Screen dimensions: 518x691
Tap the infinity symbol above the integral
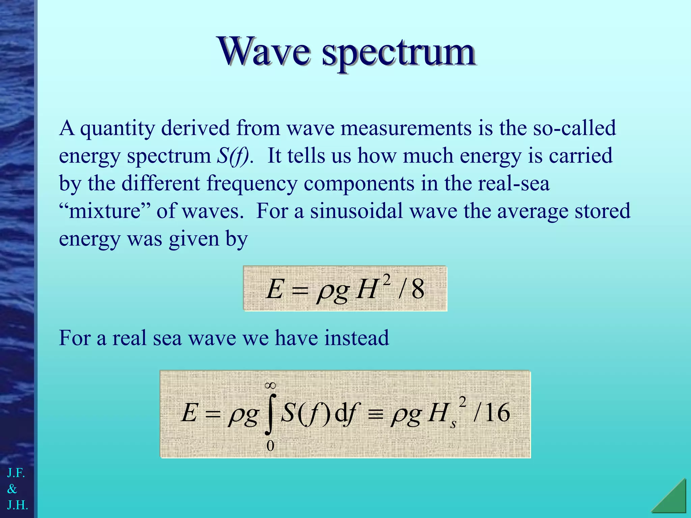tap(270, 385)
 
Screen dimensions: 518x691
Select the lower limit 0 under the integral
tap(270, 446)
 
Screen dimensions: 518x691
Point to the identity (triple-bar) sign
tap(376, 414)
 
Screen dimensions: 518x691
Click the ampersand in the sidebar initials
tap(12, 489)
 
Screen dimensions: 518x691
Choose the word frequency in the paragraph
tap(252, 184)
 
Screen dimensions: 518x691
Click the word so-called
tap(574, 128)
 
